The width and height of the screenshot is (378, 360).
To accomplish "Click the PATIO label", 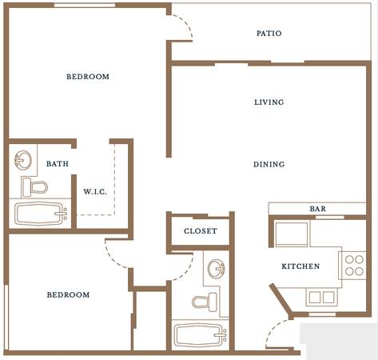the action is pyautogui.click(x=269, y=34).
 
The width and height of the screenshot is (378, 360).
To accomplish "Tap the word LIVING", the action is pyautogui.click(x=269, y=102).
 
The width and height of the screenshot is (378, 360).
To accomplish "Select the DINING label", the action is pyautogui.click(x=269, y=164).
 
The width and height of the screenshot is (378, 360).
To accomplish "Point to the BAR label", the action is pyautogui.click(x=318, y=209).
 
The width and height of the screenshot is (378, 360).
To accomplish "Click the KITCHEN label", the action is pyautogui.click(x=300, y=266).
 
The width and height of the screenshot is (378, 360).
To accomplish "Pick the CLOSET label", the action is pyautogui.click(x=201, y=231).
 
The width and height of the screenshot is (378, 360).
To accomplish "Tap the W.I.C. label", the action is pyautogui.click(x=95, y=191).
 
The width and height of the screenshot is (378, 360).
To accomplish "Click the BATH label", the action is pyautogui.click(x=58, y=163).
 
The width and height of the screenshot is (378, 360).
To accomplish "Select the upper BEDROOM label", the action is pyautogui.click(x=88, y=77).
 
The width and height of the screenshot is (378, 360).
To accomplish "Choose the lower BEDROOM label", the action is pyautogui.click(x=68, y=294).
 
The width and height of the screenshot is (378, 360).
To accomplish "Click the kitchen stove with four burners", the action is pyautogui.click(x=352, y=266).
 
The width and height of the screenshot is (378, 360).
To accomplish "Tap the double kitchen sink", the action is pyautogui.click(x=321, y=297).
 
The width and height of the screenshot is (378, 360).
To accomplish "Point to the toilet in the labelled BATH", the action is pyautogui.click(x=35, y=187).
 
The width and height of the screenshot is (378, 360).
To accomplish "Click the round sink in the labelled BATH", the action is pyautogui.click(x=23, y=160).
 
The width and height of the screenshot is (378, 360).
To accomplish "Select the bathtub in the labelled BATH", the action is pyautogui.click(x=41, y=214).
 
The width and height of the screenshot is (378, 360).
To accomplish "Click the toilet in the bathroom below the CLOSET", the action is pyautogui.click(x=205, y=302).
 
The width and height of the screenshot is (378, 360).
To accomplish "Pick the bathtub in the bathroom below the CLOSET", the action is pyautogui.click(x=201, y=335).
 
